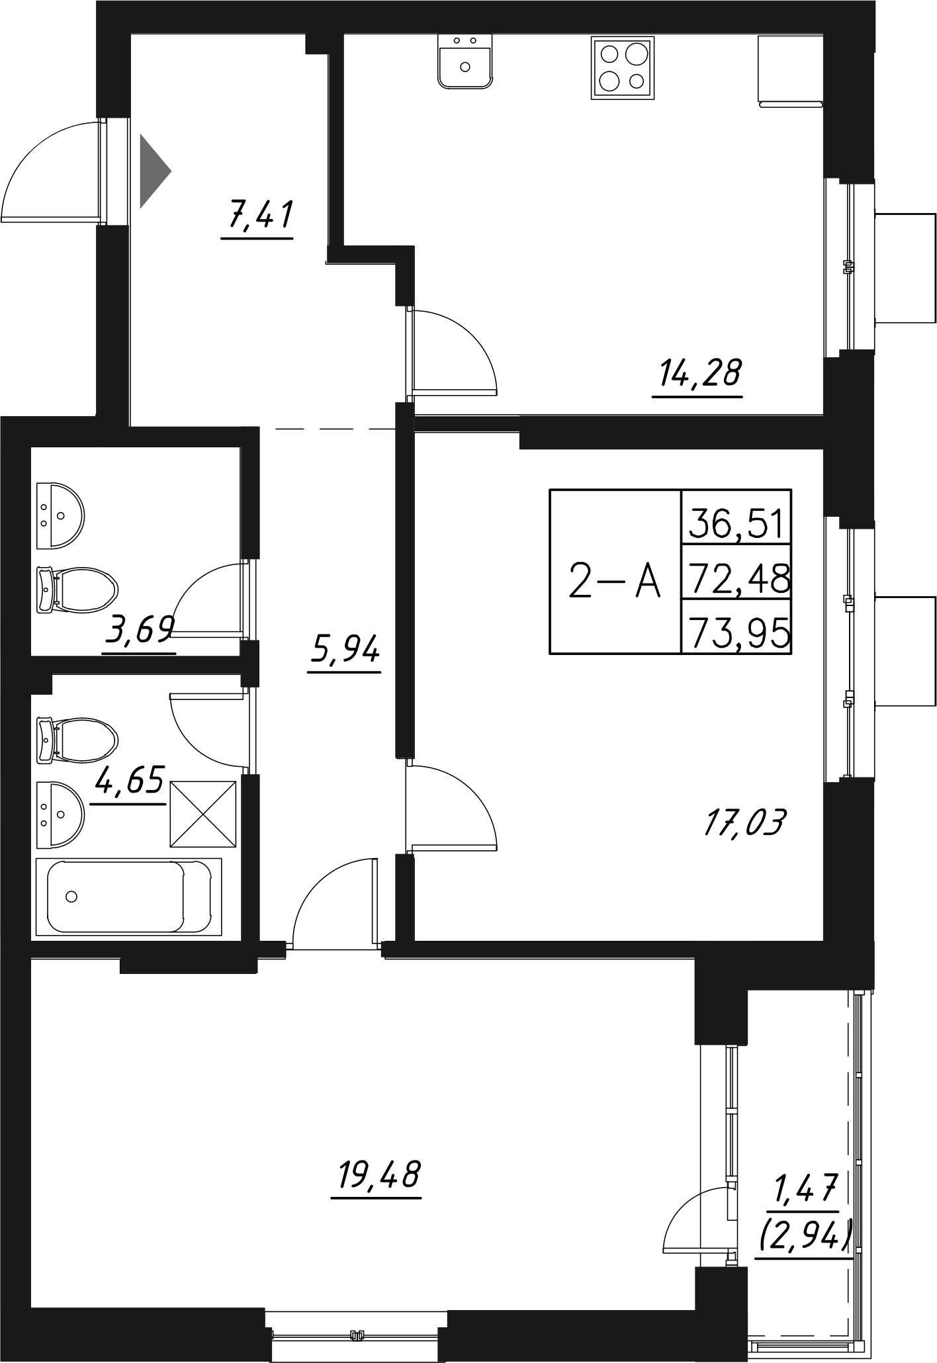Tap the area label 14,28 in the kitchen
(x=698, y=374)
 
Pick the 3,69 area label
(x=139, y=631)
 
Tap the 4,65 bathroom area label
(x=129, y=781)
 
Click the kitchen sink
(x=465, y=62)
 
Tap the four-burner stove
(x=622, y=68)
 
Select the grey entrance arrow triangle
(x=152, y=171)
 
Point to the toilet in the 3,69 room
(x=76, y=588)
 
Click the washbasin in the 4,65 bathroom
(x=60, y=814)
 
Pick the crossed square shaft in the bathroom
(x=203, y=814)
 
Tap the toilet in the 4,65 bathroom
(x=76, y=738)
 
